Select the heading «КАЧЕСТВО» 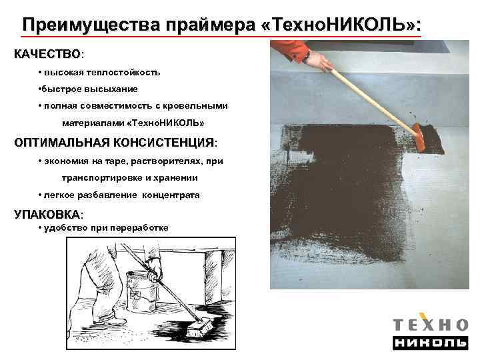tap(47, 53)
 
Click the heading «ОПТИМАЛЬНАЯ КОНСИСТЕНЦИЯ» tap(114, 143)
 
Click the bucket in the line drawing tap(143, 287)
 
